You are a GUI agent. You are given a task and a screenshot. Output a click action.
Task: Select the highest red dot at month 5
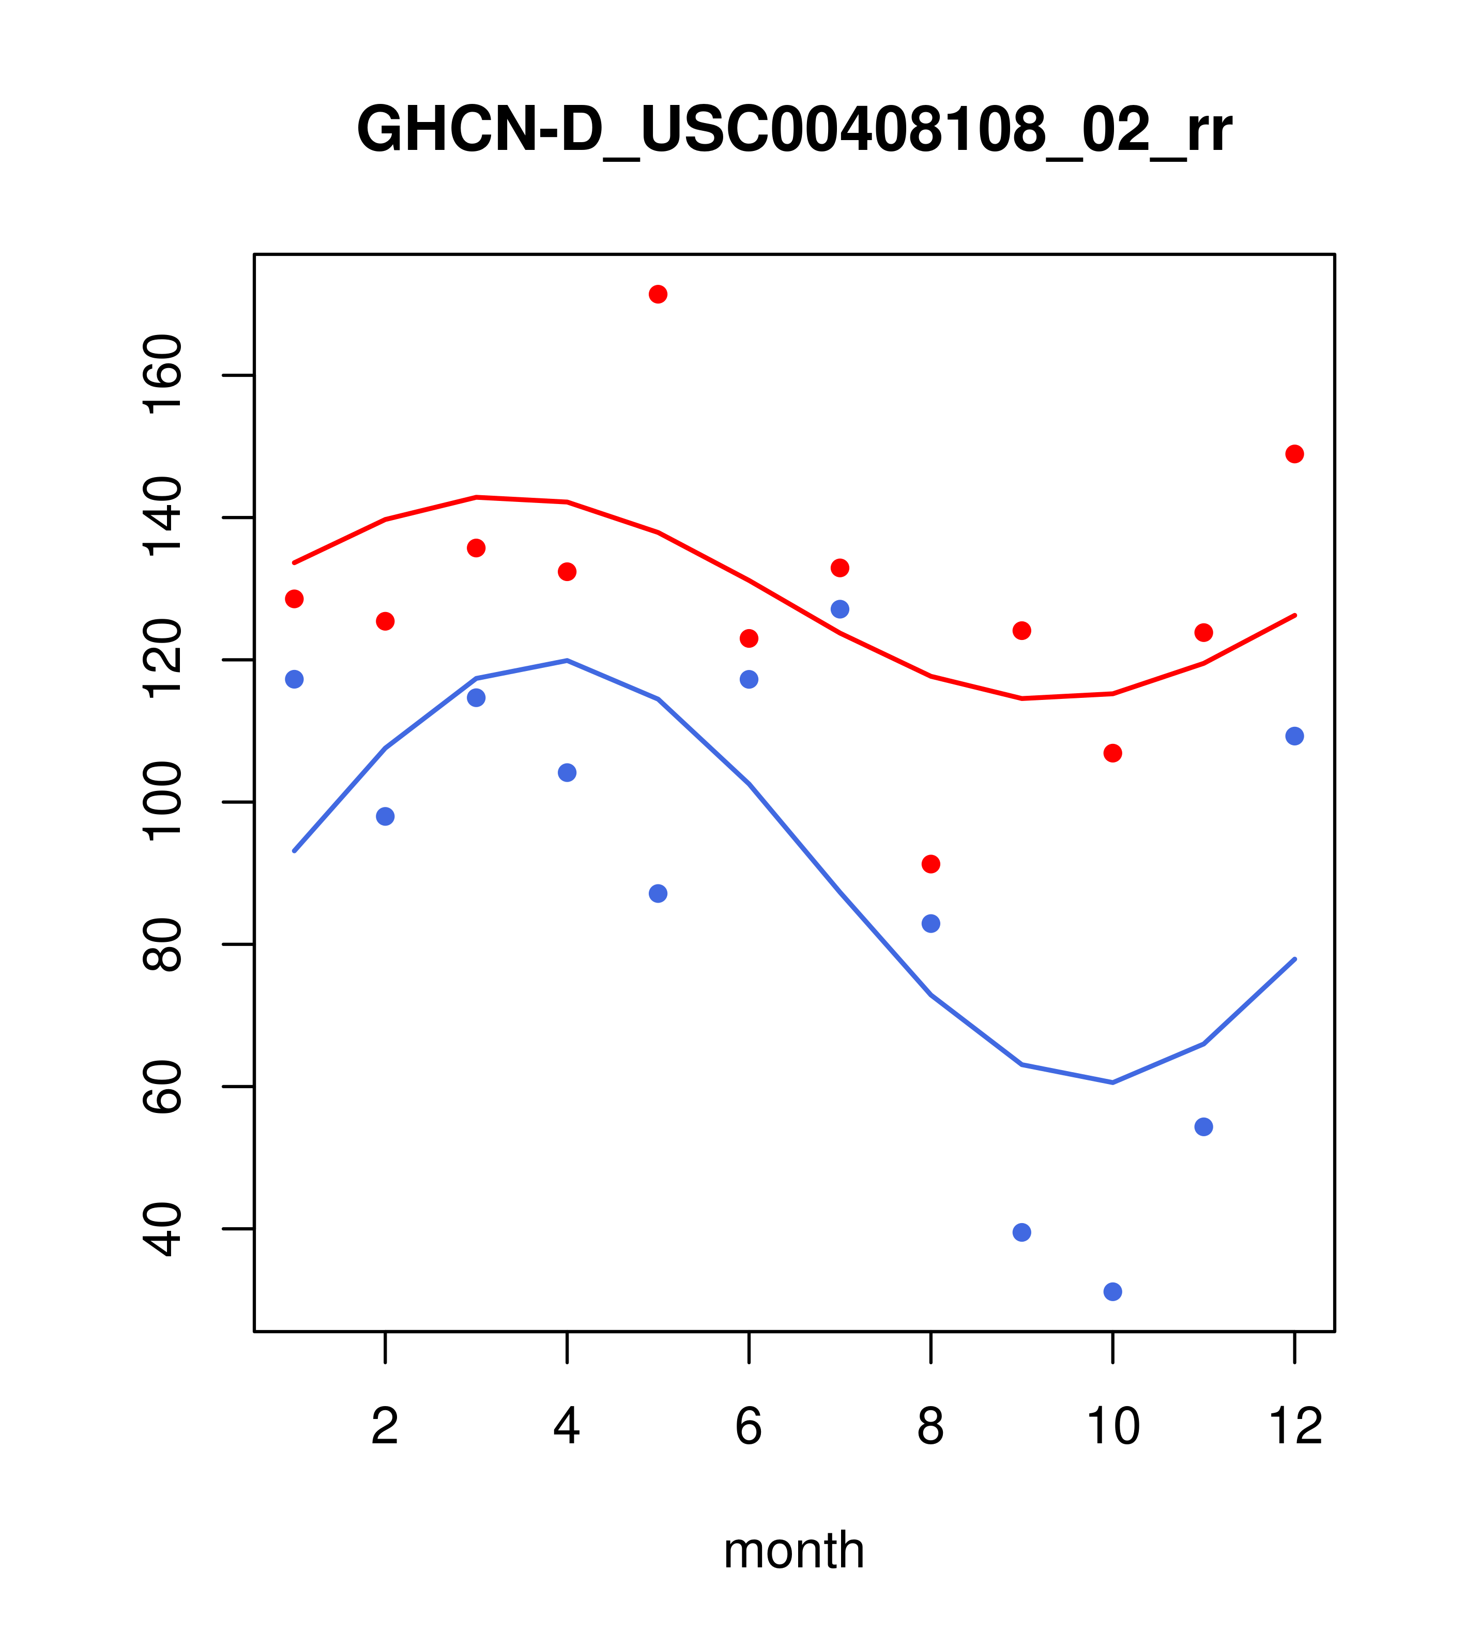pyautogui.click(x=658, y=294)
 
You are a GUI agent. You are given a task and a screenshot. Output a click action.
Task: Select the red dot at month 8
pyautogui.click(x=930, y=864)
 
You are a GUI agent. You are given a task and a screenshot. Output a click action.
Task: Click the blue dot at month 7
pyautogui.click(x=840, y=609)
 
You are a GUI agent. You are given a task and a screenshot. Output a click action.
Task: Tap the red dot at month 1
pyautogui.click(x=294, y=599)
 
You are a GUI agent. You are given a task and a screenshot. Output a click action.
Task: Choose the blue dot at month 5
pyautogui.click(x=658, y=893)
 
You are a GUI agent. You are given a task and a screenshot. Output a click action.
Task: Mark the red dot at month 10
pyautogui.click(x=1112, y=753)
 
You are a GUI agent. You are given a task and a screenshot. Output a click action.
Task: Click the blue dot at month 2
pyautogui.click(x=386, y=817)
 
